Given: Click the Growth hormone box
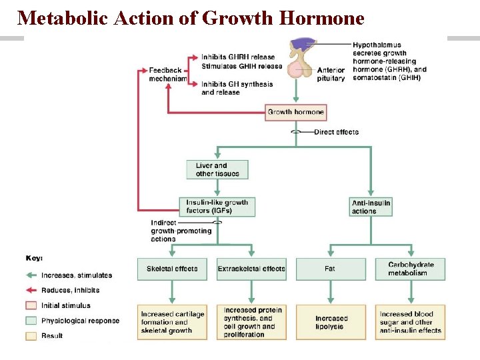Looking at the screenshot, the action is tap(295, 112).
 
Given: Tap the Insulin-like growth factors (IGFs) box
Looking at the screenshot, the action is tap(217, 207).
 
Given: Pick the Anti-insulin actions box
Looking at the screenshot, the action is tap(371, 207).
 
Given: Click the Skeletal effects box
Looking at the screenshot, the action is tap(172, 269).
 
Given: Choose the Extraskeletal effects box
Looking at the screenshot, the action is tap(251, 269).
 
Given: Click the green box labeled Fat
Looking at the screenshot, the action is tap(331, 269).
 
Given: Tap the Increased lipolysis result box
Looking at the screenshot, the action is tap(331, 323).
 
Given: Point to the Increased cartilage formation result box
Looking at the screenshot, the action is tap(172, 323).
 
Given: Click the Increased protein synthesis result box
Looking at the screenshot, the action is tap(251, 323).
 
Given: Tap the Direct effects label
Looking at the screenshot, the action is tap(336, 132).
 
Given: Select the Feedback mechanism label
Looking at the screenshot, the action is tap(167, 74).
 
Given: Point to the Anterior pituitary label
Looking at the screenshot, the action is tap(331, 74).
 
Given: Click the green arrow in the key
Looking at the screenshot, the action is tap(32, 275).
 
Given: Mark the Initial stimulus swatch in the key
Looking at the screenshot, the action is tap(31, 305).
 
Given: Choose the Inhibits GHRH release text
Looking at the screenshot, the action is tap(237, 57).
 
